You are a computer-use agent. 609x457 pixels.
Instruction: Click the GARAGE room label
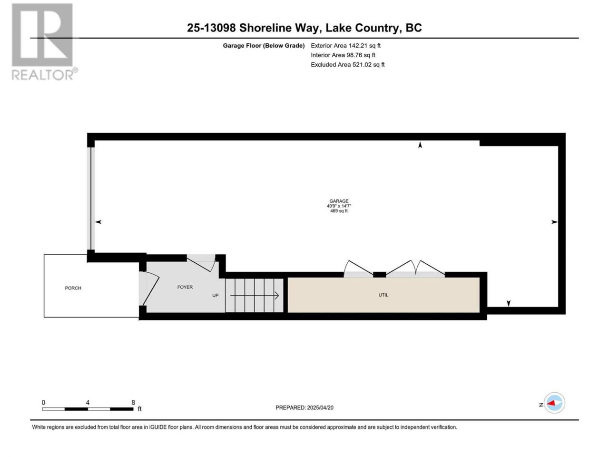click(x=339, y=201)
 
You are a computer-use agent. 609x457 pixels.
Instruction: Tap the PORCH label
click(x=73, y=288)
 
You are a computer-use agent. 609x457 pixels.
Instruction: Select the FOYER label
click(x=185, y=287)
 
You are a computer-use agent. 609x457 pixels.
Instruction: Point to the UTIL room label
click(x=383, y=295)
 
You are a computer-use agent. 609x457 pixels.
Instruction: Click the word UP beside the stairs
click(x=216, y=296)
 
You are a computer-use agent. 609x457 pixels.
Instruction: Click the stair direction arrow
click(x=255, y=296)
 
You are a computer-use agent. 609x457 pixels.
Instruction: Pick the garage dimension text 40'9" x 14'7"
click(x=339, y=206)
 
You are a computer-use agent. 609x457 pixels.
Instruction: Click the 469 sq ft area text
click(x=339, y=211)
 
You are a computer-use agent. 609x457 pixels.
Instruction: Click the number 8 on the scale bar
click(x=133, y=403)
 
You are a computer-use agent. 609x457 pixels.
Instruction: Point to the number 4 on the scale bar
click(x=88, y=403)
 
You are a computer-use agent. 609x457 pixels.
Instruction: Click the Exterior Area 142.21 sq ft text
click(x=346, y=46)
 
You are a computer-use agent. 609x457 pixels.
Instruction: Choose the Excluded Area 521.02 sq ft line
click(x=348, y=65)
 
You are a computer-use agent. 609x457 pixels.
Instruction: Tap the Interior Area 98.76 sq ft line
click(x=343, y=55)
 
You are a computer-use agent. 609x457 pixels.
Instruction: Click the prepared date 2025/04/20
click(x=319, y=407)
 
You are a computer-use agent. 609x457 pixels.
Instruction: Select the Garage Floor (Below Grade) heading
click(x=264, y=46)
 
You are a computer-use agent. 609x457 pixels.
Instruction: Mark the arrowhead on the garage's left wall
click(x=98, y=222)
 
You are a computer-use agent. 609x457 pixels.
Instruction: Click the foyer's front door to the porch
click(x=150, y=288)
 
